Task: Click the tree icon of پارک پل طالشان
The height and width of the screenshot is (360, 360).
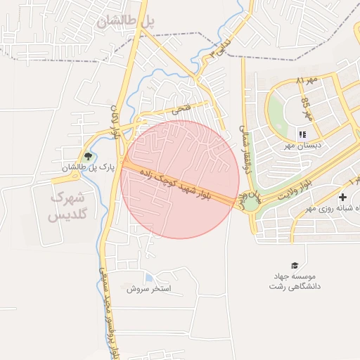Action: (88, 157)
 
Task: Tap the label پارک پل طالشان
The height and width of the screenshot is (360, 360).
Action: (87, 168)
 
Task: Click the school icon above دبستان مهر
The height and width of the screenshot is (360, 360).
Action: (303, 134)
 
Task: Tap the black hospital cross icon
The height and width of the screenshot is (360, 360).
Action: (342, 198)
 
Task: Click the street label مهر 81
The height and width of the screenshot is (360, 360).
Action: (307, 81)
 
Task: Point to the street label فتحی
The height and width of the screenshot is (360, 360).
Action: (181, 110)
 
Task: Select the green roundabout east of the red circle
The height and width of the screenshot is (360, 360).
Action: (250, 203)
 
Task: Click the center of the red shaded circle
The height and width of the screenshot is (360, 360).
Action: (180, 179)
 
